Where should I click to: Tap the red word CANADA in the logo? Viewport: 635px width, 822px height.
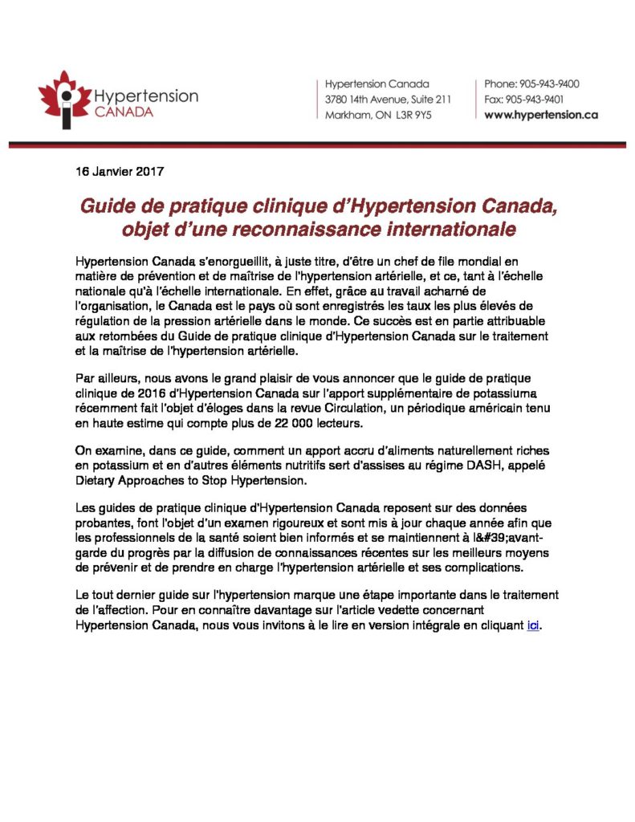124,112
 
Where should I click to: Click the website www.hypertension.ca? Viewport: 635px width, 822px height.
541,115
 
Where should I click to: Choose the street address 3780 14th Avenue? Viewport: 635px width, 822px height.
368,99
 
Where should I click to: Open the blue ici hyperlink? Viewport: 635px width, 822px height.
533,625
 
